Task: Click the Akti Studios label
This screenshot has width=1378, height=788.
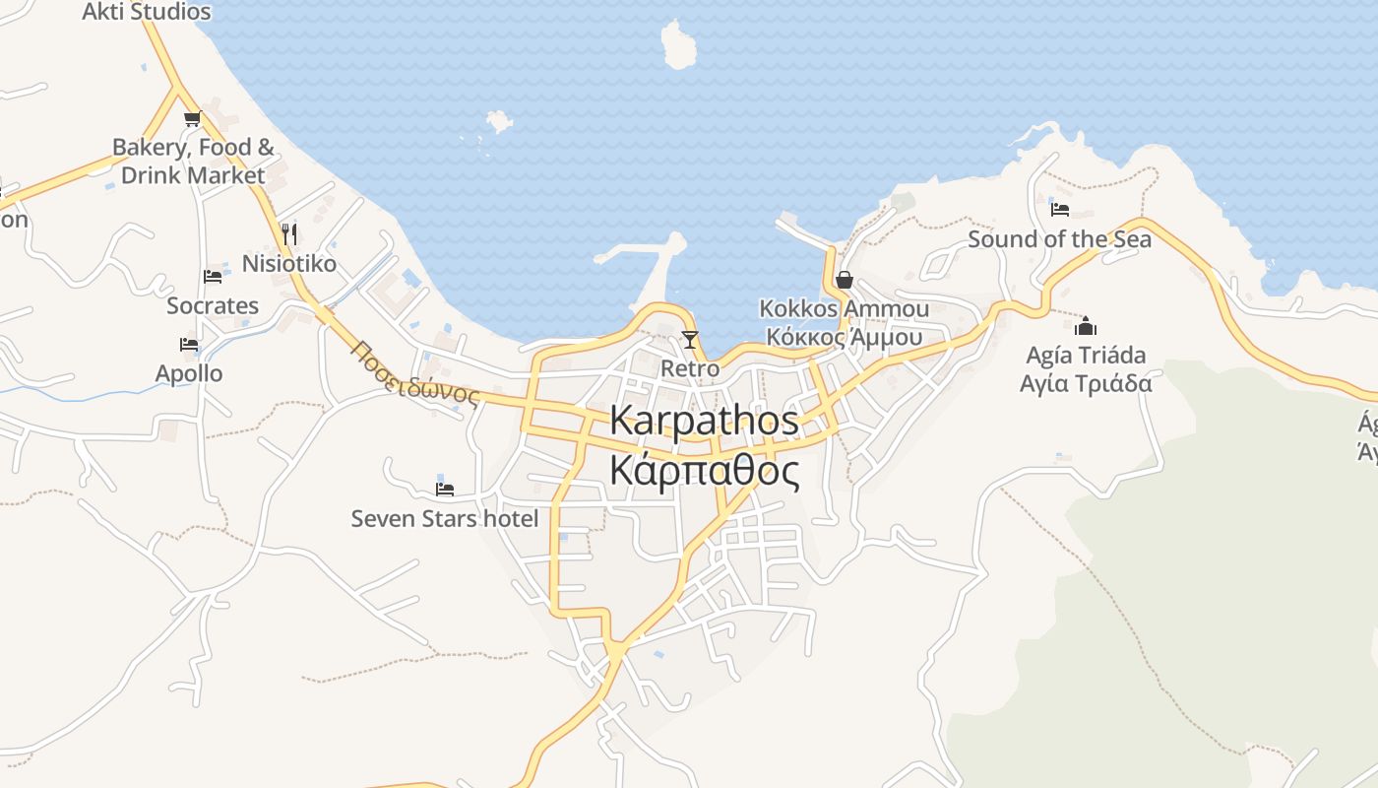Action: click(x=147, y=12)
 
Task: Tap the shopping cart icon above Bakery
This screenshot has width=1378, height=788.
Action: click(x=192, y=118)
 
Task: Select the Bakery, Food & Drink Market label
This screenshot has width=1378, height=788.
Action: click(x=193, y=162)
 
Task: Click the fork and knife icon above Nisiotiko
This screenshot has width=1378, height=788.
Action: click(x=288, y=233)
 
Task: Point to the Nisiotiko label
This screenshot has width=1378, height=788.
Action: click(x=288, y=264)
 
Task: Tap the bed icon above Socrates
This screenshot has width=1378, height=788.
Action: click(x=212, y=277)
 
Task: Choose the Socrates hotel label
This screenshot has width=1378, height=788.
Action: click(x=213, y=305)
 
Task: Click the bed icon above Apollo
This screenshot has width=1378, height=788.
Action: click(x=189, y=345)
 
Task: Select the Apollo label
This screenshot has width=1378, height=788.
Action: click(x=189, y=373)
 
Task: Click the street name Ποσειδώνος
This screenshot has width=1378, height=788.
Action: click(x=414, y=374)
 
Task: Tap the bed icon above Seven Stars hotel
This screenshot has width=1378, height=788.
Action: click(x=445, y=489)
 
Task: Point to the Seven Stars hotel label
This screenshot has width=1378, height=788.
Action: click(x=445, y=518)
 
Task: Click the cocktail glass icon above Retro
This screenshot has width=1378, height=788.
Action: click(x=690, y=340)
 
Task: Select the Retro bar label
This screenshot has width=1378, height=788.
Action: click(x=690, y=368)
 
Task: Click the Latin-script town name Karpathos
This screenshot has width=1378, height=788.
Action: click(x=704, y=421)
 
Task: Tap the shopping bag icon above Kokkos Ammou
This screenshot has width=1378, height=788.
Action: click(x=844, y=280)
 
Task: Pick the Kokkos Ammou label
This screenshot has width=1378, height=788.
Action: click(x=844, y=309)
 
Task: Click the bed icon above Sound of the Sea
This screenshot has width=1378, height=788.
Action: click(x=1059, y=209)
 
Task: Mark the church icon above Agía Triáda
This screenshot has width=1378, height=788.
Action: click(x=1086, y=325)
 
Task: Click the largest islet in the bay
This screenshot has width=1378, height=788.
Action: click(x=678, y=45)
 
